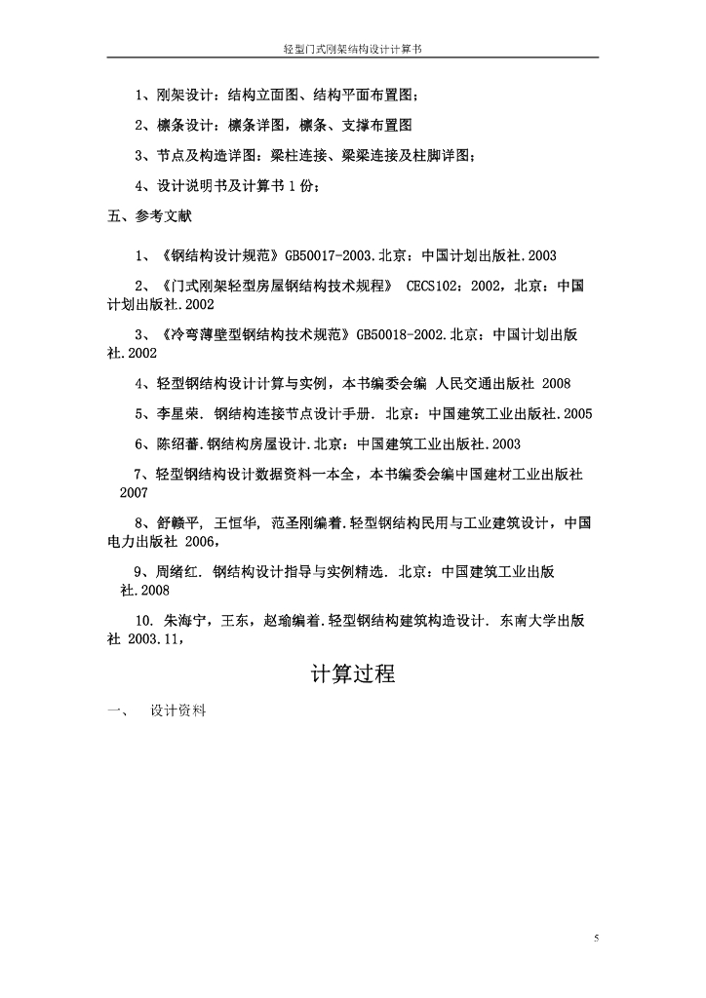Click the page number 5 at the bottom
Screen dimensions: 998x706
(x=597, y=938)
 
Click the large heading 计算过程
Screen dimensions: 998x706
(x=353, y=672)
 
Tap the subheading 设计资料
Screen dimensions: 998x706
(x=178, y=711)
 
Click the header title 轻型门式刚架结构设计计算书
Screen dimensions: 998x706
(x=352, y=46)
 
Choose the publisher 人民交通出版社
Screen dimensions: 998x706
(x=480, y=383)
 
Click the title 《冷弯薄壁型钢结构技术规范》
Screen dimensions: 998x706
(x=255, y=334)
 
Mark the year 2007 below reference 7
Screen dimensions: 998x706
(x=134, y=493)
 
